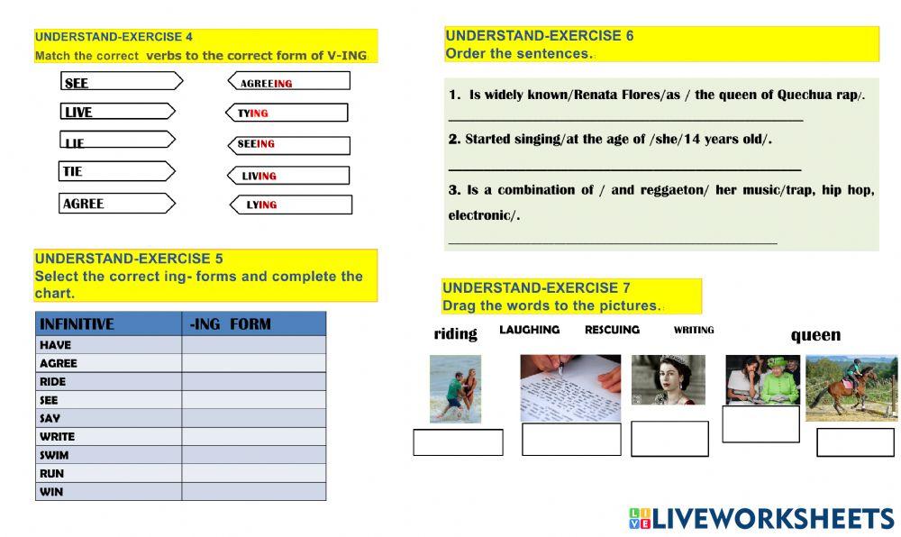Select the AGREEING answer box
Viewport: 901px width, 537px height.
click(x=288, y=82)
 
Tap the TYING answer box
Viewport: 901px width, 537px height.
click(x=286, y=113)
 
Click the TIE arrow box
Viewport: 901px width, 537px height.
click(x=116, y=171)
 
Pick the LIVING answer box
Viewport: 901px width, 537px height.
click(x=288, y=176)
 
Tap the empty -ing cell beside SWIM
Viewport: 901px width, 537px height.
click(x=253, y=455)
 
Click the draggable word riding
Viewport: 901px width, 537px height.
click(x=455, y=334)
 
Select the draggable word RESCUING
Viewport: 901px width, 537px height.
click(x=612, y=330)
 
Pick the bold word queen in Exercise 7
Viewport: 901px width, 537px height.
click(x=815, y=335)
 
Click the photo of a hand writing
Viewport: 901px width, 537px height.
click(x=570, y=388)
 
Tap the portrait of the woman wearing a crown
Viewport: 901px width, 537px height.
click(x=668, y=379)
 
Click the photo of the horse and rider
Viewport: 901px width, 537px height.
click(x=851, y=387)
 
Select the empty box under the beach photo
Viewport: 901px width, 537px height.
click(x=458, y=442)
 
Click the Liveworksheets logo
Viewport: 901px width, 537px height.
click(x=761, y=518)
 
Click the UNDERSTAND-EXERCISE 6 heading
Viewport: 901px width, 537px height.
click(x=540, y=36)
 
